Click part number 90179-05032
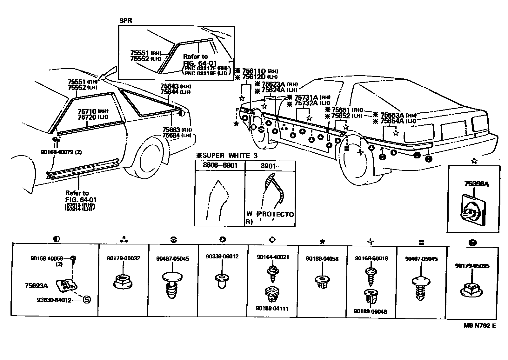(x=124, y=258)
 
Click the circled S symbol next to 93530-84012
(x=86, y=299)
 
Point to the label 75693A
(x=36, y=286)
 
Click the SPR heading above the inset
(x=125, y=21)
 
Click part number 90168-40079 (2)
(x=61, y=152)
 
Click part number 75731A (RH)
(x=306, y=97)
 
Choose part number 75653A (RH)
(x=392, y=115)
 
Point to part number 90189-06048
(x=371, y=312)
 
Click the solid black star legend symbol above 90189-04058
(x=322, y=242)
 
